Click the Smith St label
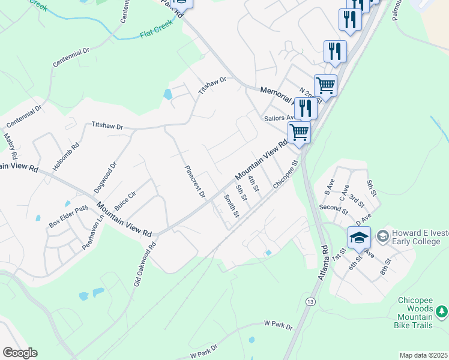click(232, 206)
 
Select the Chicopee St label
click(286, 175)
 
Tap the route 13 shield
click(310, 301)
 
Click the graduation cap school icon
click(359, 237)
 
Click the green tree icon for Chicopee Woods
click(442, 311)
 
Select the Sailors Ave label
click(278, 118)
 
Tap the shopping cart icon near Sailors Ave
click(299, 131)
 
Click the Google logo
click(20, 353)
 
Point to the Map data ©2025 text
click(423, 355)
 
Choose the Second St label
click(334, 209)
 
